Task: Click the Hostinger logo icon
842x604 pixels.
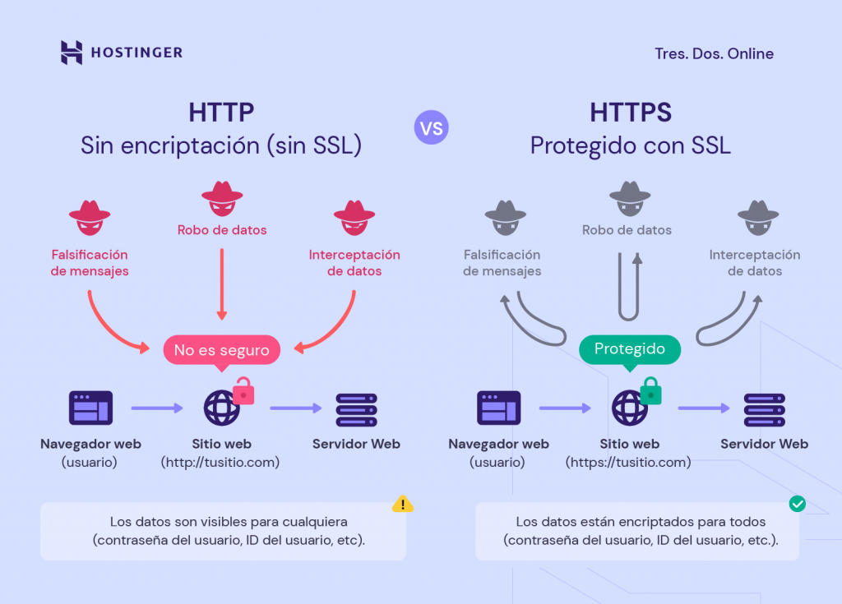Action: [x=72, y=53]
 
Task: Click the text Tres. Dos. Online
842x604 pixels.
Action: [x=714, y=53]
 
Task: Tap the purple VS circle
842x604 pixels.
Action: [x=432, y=128]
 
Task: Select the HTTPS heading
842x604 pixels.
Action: [x=630, y=113]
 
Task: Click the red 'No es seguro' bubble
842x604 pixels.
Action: [x=221, y=350]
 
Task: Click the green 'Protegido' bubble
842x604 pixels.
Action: [x=630, y=348]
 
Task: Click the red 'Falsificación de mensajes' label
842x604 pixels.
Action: [x=90, y=263]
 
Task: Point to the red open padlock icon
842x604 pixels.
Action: [x=243, y=390]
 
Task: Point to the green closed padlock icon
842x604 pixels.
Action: [x=650, y=391]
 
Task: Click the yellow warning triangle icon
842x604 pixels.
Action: [x=402, y=504]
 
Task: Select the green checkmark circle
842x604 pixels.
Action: [x=797, y=504]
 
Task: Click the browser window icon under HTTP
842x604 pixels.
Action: [x=90, y=408]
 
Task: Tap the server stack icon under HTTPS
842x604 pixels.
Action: [x=764, y=408]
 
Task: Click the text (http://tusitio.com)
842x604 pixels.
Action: [x=220, y=462]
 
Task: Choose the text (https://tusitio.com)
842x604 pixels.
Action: [x=627, y=462]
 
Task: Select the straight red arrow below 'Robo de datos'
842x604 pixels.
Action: [x=221, y=284]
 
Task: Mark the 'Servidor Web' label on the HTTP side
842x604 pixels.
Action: [x=356, y=444]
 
